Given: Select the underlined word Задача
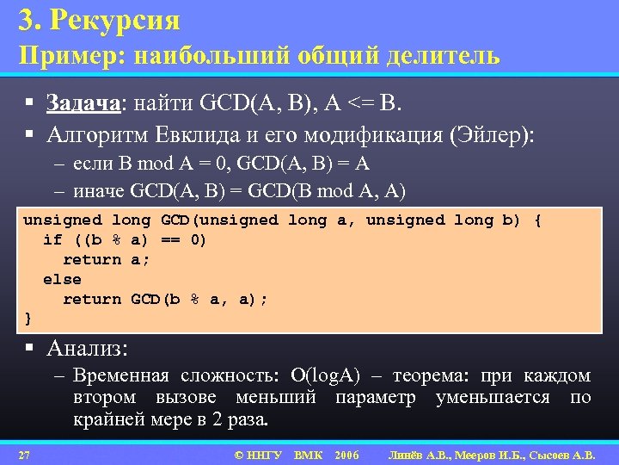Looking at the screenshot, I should click(x=85, y=104).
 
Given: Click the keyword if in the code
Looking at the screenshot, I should click(x=52, y=239).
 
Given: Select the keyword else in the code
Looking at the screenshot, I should click(x=62, y=279).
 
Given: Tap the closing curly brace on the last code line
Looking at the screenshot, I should click(x=28, y=319).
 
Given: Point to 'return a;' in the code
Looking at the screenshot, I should click(x=101, y=259).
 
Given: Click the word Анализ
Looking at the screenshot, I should click(x=87, y=349).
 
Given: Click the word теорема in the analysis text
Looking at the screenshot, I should click(x=431, y=376).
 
